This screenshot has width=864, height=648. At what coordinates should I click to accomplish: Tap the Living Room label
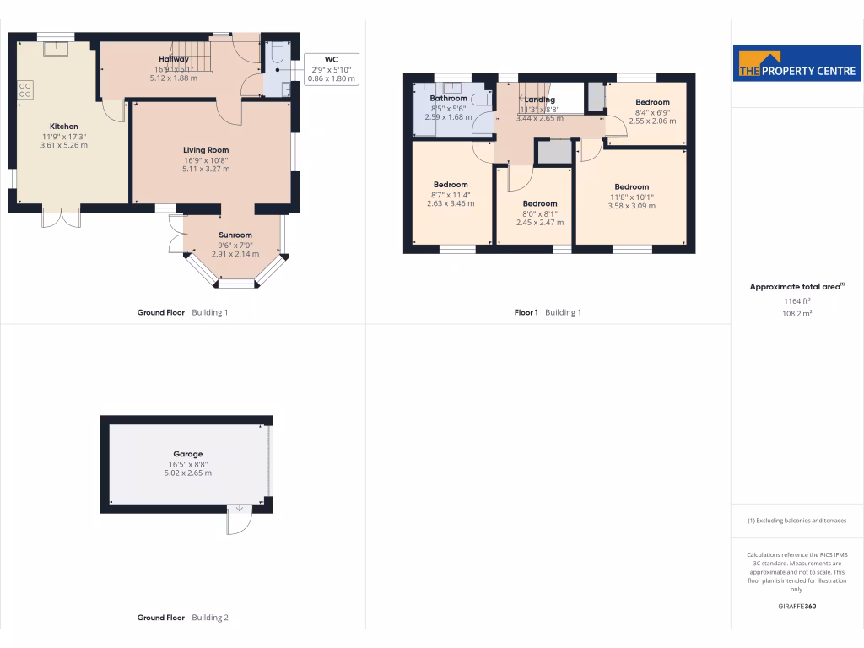coord(207,150)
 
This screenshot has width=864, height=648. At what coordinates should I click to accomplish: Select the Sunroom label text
coord(235,235)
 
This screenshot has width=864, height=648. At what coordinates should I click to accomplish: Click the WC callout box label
coord(331,60)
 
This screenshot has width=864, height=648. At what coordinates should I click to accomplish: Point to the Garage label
coord(187,454)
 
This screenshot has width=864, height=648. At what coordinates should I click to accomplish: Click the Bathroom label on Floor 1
coord(448,99)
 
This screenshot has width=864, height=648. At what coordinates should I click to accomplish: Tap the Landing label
coord(539,100)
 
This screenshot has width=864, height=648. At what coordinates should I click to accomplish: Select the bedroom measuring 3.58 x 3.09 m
coord(631,187)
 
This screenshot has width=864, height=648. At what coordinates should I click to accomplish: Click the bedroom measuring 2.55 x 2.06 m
coord(652,103)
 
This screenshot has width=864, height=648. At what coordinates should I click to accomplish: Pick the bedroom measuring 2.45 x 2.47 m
coord(540,203)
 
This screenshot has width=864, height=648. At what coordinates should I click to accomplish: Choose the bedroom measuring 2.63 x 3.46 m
coord(451,185)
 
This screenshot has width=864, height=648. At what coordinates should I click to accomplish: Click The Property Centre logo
coord(797,63)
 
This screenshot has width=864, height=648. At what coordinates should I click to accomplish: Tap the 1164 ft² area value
coord(797,300)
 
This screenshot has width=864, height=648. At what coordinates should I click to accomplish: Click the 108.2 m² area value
coord(797,313)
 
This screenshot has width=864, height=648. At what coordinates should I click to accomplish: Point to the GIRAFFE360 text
coord(797,607)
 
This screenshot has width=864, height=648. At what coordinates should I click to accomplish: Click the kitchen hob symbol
coord(24,89)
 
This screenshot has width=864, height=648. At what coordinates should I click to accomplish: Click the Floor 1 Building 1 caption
coord(548,312)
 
